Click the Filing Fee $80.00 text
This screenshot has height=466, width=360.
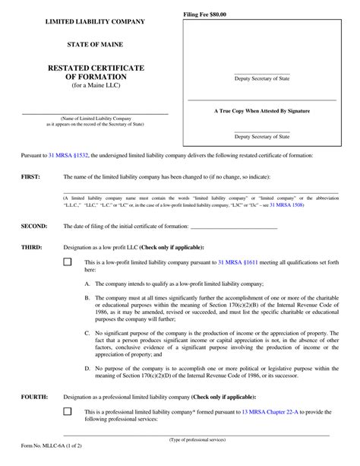(x=205, y=15)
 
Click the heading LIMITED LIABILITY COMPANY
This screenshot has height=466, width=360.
(x=96, y=21)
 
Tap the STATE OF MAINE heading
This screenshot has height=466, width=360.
(x=96, y=44)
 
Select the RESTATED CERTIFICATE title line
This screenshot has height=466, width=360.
(x=96, y=68)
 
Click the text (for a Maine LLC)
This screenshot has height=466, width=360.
(x=96, y=85)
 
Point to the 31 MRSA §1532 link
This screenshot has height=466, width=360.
(x=68, y=154)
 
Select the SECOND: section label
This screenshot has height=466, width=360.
(x=33, y=227)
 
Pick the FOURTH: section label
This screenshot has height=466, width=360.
(x=34, y=397)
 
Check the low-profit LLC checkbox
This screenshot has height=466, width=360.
(x=67, y=262)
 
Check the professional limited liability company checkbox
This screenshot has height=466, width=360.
(x=67, y=411)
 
